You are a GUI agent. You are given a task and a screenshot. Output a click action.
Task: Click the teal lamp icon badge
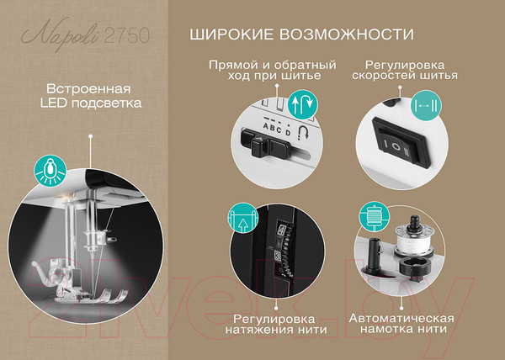[50, 171]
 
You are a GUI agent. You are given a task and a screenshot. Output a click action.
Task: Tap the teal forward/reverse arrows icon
[302, 104]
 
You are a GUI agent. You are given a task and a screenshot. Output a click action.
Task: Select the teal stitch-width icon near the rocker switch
[426, 105]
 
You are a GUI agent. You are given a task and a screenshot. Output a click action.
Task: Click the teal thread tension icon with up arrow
[243, 219]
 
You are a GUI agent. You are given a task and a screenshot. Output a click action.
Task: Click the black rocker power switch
[400, 142]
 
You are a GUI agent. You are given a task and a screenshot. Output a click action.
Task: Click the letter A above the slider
[266, 126]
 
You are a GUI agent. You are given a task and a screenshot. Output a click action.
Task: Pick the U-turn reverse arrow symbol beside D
[303, 132]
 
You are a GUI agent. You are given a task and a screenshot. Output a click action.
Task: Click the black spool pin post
[374, 254]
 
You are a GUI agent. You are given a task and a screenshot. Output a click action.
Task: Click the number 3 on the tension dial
[279, 256]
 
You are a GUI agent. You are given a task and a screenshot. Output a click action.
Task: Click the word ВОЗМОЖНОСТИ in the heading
[346, 34]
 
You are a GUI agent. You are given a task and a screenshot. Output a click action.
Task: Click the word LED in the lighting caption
[54, 103]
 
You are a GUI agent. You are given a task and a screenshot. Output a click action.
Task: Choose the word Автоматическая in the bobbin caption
[401, 319]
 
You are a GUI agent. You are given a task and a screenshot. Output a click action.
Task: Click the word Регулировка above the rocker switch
[405, 65]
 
